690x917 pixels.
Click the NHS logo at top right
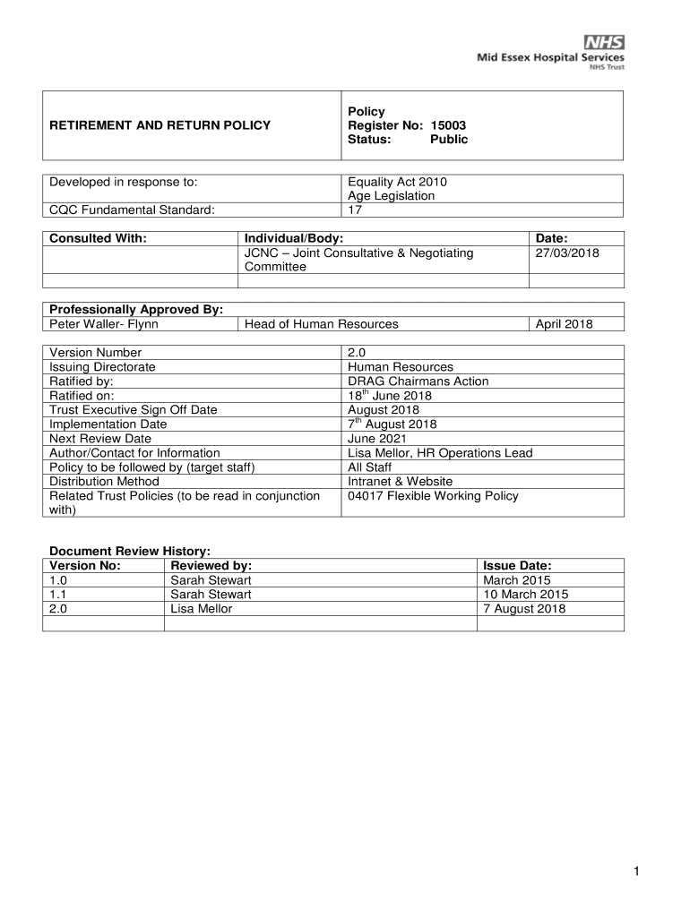(x=604, y=42)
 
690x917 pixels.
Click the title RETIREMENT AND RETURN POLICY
(x=160, y=125)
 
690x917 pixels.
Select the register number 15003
(x=447, y=125)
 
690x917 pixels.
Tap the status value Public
(x=449, y=140)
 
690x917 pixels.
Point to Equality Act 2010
(x=397, y=182)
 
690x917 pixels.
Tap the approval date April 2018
(x=564, y=324)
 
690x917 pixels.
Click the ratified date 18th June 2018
(x=390, y=396)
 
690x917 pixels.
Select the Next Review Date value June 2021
(x=377, y=439)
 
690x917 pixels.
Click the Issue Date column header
(x=517, y=566)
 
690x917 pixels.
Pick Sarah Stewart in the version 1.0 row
(x=211, y=580)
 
